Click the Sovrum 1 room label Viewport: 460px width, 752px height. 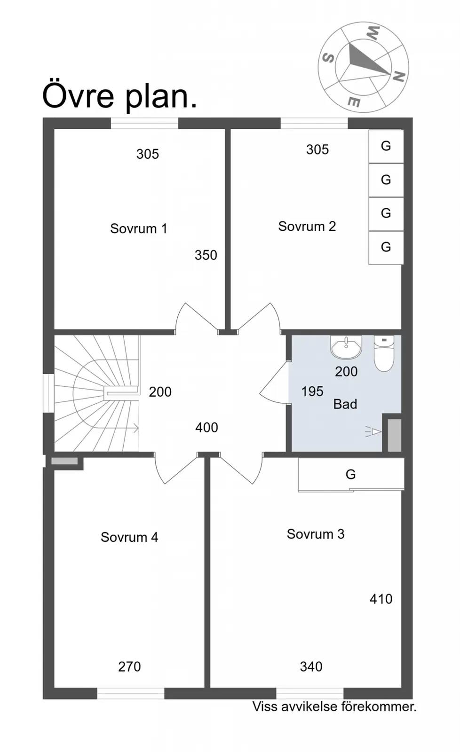(138, 228)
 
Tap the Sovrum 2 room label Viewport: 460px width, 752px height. (307, 226)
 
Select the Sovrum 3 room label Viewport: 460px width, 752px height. (316, 534)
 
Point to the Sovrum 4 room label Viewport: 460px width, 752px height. (129, 537)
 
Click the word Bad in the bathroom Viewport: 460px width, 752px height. (345, 404)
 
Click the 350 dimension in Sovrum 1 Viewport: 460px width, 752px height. (206, 255)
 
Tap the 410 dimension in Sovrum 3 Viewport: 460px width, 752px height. (381, 599)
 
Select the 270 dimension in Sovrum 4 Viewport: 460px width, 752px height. (129, 667)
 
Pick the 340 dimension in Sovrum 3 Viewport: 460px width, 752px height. (311, 667)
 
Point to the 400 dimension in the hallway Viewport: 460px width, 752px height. (206, 427)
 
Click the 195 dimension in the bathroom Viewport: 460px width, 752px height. (312, 392)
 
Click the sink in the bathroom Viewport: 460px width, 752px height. (346, 347)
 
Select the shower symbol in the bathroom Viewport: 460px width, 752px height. (373, 432)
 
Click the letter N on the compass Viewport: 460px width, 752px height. (399, 77)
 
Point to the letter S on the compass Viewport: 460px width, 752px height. (328, 58)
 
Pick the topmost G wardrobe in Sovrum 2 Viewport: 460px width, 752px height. (386, 146)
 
